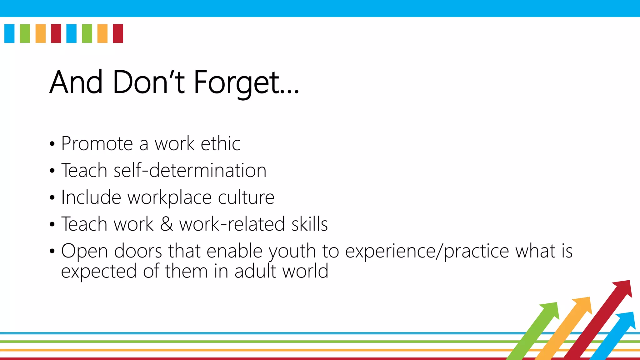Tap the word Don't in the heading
click(148, 82)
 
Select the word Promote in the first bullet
click(97, 144)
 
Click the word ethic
click(220, 144)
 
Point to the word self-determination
click(190, 171)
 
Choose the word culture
click(246, 197)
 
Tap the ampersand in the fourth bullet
click(166, 224)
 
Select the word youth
click(292, 251)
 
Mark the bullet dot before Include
click(52, 198)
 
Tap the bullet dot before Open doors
click(52, 251)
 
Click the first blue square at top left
click(9, 33)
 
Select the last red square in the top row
click(118, 33)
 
